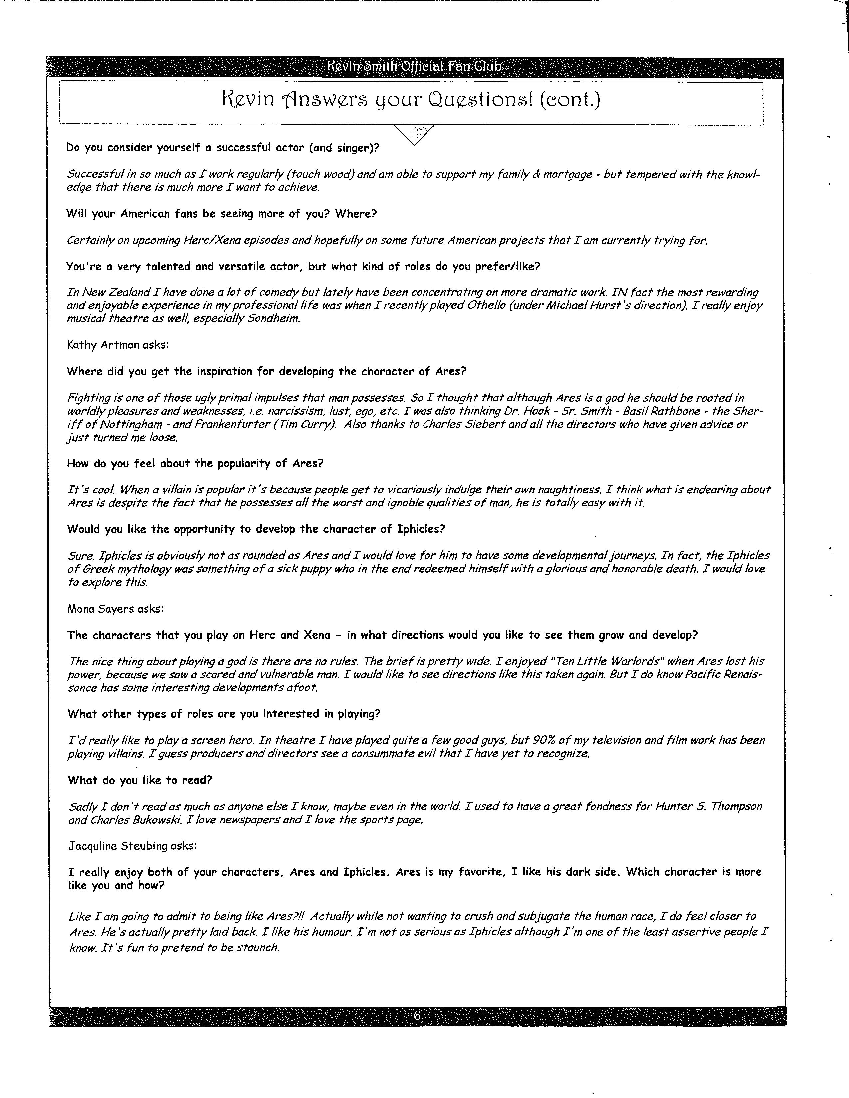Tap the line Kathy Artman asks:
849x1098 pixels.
coord(118,345)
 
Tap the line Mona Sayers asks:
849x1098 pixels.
coord(116,609)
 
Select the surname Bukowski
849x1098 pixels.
coord(154,820)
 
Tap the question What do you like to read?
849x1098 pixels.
coord(140,780)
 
